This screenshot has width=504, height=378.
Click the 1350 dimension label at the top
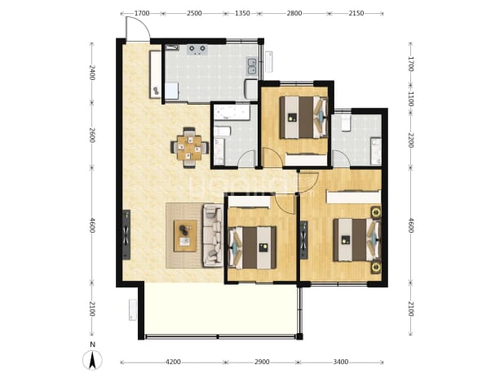coord(242,13)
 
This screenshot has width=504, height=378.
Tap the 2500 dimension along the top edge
coord(194,13)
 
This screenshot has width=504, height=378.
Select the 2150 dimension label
coord(356,13)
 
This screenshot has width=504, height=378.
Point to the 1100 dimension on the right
coord(410,99)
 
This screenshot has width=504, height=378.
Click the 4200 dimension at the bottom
coord(173,362)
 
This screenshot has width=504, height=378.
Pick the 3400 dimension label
coord(341,362)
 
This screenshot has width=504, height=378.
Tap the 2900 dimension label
coord(262,362)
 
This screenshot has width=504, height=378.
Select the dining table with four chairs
coord(189,148)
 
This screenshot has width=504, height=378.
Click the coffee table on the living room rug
coord(185,236)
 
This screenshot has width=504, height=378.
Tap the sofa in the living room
coord(213,235)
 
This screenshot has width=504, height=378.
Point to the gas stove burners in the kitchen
coord(197,49)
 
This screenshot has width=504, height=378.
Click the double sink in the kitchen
coord(252,66)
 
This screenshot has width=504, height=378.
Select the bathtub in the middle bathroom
coord(231,112)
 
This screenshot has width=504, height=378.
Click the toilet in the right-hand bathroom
coord(346,122)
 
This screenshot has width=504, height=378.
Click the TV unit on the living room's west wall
coord(126,234)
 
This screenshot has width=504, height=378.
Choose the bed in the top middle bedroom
coord(303,117)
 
